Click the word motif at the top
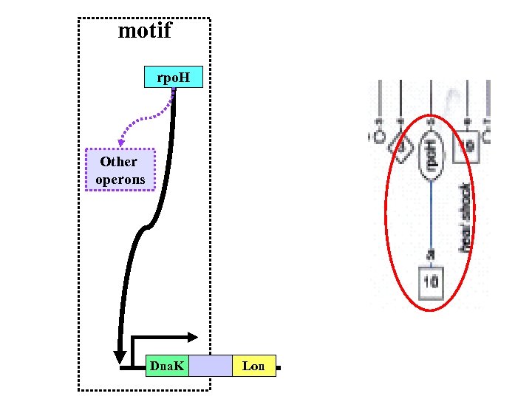click(x=145, y=31)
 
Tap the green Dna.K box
click(x=167, y=366)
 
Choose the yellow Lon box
click(x=253, y=366)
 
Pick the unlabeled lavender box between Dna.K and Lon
click(x=210, y=366)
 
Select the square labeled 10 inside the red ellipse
click(x=431, y=282)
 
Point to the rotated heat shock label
click(x=465, y=217)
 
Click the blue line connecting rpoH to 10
click(x=431, y=214)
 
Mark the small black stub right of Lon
click(x=279, y=366)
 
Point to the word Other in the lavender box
click(x=119, y=162)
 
